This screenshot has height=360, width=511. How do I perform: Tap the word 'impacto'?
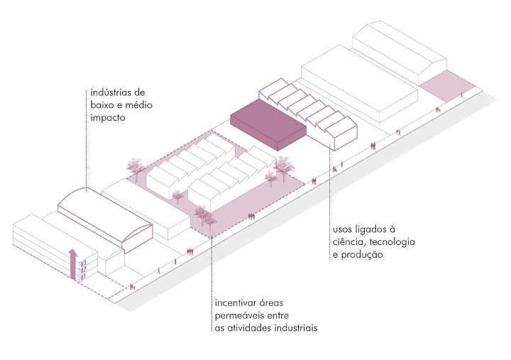[108, 118]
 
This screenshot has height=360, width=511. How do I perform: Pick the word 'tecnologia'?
[389, 242]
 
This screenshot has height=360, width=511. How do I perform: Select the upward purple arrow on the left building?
[71, 263]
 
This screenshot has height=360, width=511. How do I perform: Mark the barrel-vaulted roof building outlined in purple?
[104, 220]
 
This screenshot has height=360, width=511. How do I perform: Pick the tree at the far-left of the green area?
[134, 167]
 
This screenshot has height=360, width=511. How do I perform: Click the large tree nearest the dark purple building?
[285, 165]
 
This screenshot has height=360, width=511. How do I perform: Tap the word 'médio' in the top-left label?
[140, 105]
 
